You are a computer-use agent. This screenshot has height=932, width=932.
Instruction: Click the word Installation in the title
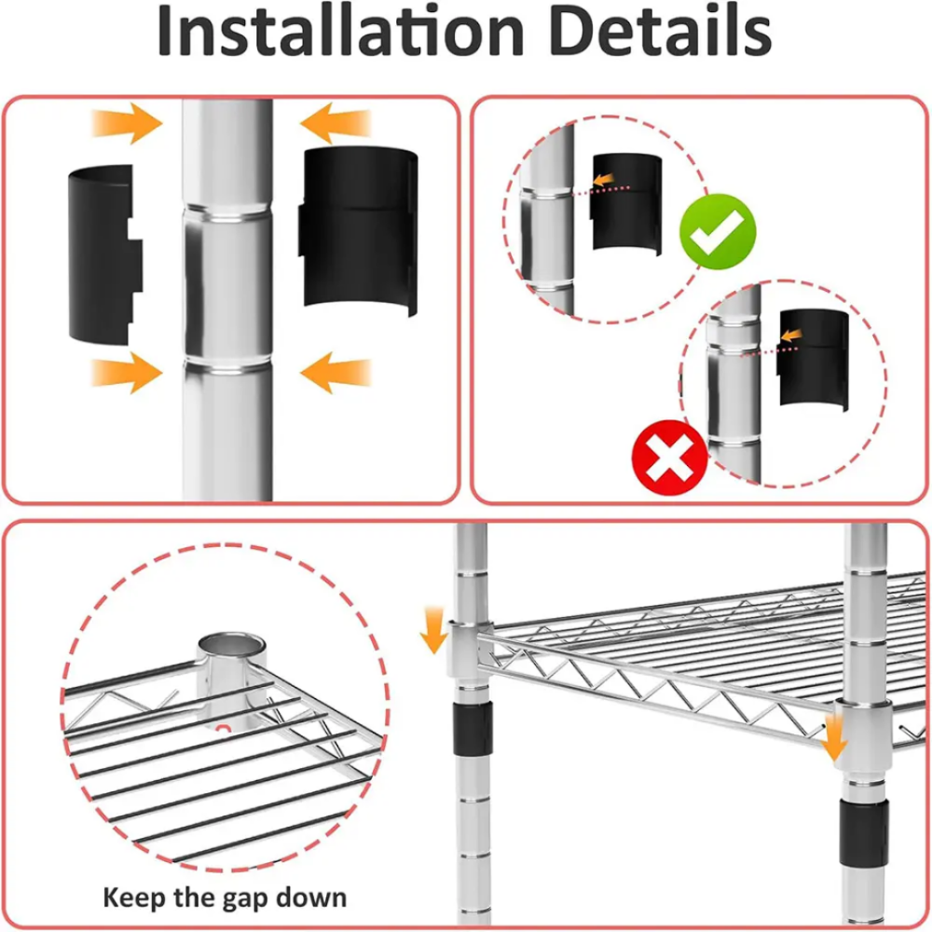pos(340,31)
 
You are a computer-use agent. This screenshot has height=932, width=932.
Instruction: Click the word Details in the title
pos(661,31)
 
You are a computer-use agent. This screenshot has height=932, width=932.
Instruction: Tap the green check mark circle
pos(718,232)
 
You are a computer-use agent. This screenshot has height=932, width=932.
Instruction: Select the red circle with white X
pos(670,458)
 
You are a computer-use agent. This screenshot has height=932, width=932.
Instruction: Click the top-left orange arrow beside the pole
pos(127,123)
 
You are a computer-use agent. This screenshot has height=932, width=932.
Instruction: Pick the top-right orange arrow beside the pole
pos(336,123)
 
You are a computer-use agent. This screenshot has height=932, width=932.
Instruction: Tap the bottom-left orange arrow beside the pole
pos(127,373)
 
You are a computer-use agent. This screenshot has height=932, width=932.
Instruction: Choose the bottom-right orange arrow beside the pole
pos(336,373)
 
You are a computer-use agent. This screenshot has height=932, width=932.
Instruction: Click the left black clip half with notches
pos(105,255)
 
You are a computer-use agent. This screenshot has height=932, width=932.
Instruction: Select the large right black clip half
pos(358,231)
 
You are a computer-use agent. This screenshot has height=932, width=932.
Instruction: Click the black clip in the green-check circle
pos(626,204)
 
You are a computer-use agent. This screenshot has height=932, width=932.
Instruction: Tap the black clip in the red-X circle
pos(813,359)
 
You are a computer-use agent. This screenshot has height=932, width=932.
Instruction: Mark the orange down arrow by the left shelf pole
pos(434,630)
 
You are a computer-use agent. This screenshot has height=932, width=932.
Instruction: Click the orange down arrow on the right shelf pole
pos(833,737)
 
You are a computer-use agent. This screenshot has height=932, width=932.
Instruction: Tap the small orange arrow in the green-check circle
pos(603,180)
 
